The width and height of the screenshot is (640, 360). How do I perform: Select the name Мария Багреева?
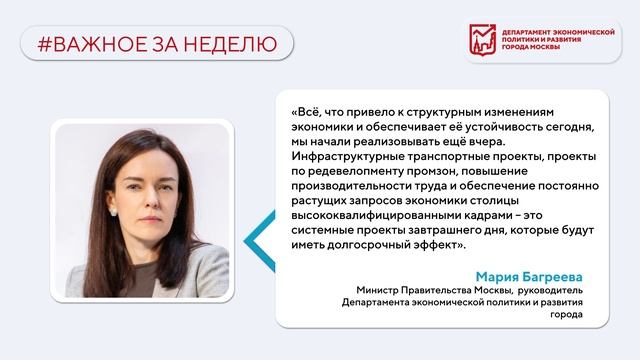[533, 277]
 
